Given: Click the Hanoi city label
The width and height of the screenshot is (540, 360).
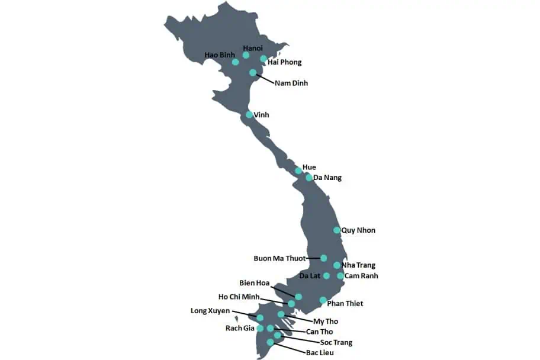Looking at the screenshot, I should click(x=253, y=47).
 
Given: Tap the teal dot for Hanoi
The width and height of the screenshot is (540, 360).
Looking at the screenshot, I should click(x=246, y=55).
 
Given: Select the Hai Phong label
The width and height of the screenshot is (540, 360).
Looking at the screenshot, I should click(x=284, y=62).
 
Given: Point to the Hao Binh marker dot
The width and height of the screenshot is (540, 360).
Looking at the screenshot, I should click(x=236, y=62).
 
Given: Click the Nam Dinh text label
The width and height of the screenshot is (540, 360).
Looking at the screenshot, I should click(x=291, y=83).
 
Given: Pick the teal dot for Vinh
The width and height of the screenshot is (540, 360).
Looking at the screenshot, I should click(x=249, y=115).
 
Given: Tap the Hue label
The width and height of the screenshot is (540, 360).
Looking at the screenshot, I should click(x=309, y=168).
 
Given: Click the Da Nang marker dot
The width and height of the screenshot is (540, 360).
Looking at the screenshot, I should click(x=309, y=178).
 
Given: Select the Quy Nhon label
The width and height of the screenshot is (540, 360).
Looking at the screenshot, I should click(x=358, y=230).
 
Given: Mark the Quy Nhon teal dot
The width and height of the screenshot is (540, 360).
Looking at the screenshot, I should click(x=337, y=230).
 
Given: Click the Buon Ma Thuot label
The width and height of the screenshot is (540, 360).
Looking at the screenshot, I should click(x=279, y=258).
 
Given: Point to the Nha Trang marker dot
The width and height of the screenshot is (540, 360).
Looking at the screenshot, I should click(x=337, y=265).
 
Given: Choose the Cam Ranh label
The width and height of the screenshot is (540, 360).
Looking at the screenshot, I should click(x=361, y=276).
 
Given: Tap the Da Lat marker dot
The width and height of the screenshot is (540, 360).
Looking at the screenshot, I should click(x=326, y=276).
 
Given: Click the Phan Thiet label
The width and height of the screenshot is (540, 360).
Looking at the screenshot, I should click(x=345, y=304).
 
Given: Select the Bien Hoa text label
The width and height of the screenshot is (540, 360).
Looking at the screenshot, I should click(x=254, y=283).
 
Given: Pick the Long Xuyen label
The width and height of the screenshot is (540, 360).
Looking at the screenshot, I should click(x=210, y=310).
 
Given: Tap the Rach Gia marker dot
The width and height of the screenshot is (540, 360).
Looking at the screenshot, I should click(x=260, y=329).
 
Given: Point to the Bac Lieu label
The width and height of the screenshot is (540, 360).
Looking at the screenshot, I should click(x=320, y=353).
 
